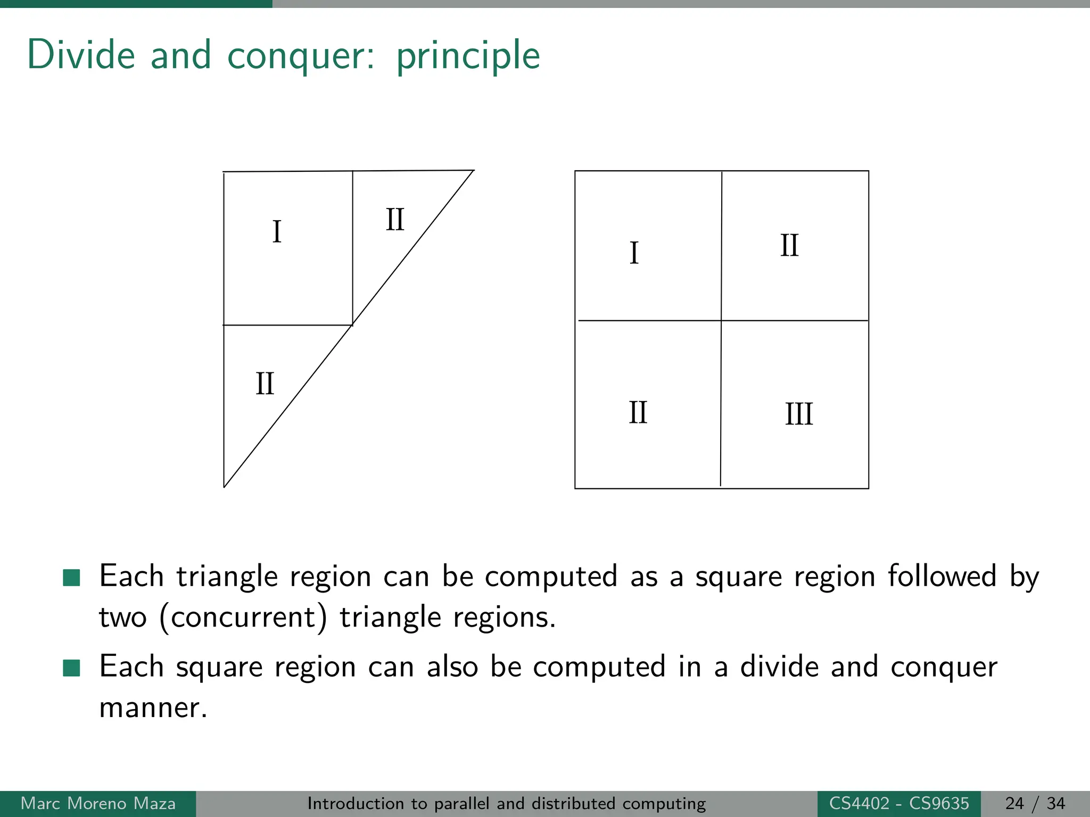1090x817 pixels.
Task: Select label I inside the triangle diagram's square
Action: click(x=277, y=232)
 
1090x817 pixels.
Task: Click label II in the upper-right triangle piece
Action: click(x=395, y=219)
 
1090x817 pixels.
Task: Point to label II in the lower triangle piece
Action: click(x=265, y=384)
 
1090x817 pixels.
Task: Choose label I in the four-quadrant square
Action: click(x=634, y=253)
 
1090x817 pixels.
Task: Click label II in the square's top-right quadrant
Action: click(x=789, y=246)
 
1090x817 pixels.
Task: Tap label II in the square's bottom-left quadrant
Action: click(x=638, y=412)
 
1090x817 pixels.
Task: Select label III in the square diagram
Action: click(x=799, y=414)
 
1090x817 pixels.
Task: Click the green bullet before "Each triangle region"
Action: click(x=71, y=577)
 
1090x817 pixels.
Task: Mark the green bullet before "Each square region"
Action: click(x=71, y=668)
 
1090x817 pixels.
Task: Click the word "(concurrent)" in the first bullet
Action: click(x=243, y=618)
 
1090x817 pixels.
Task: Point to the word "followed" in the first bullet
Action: click(x=942, y=576)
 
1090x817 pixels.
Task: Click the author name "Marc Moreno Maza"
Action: click(x=98, y=803)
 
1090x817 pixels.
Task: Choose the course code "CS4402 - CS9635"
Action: click(x=899, y=803)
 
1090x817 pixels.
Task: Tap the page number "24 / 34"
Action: click(x=1035, y=803)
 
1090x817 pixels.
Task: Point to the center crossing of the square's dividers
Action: click(x=721, y=321)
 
